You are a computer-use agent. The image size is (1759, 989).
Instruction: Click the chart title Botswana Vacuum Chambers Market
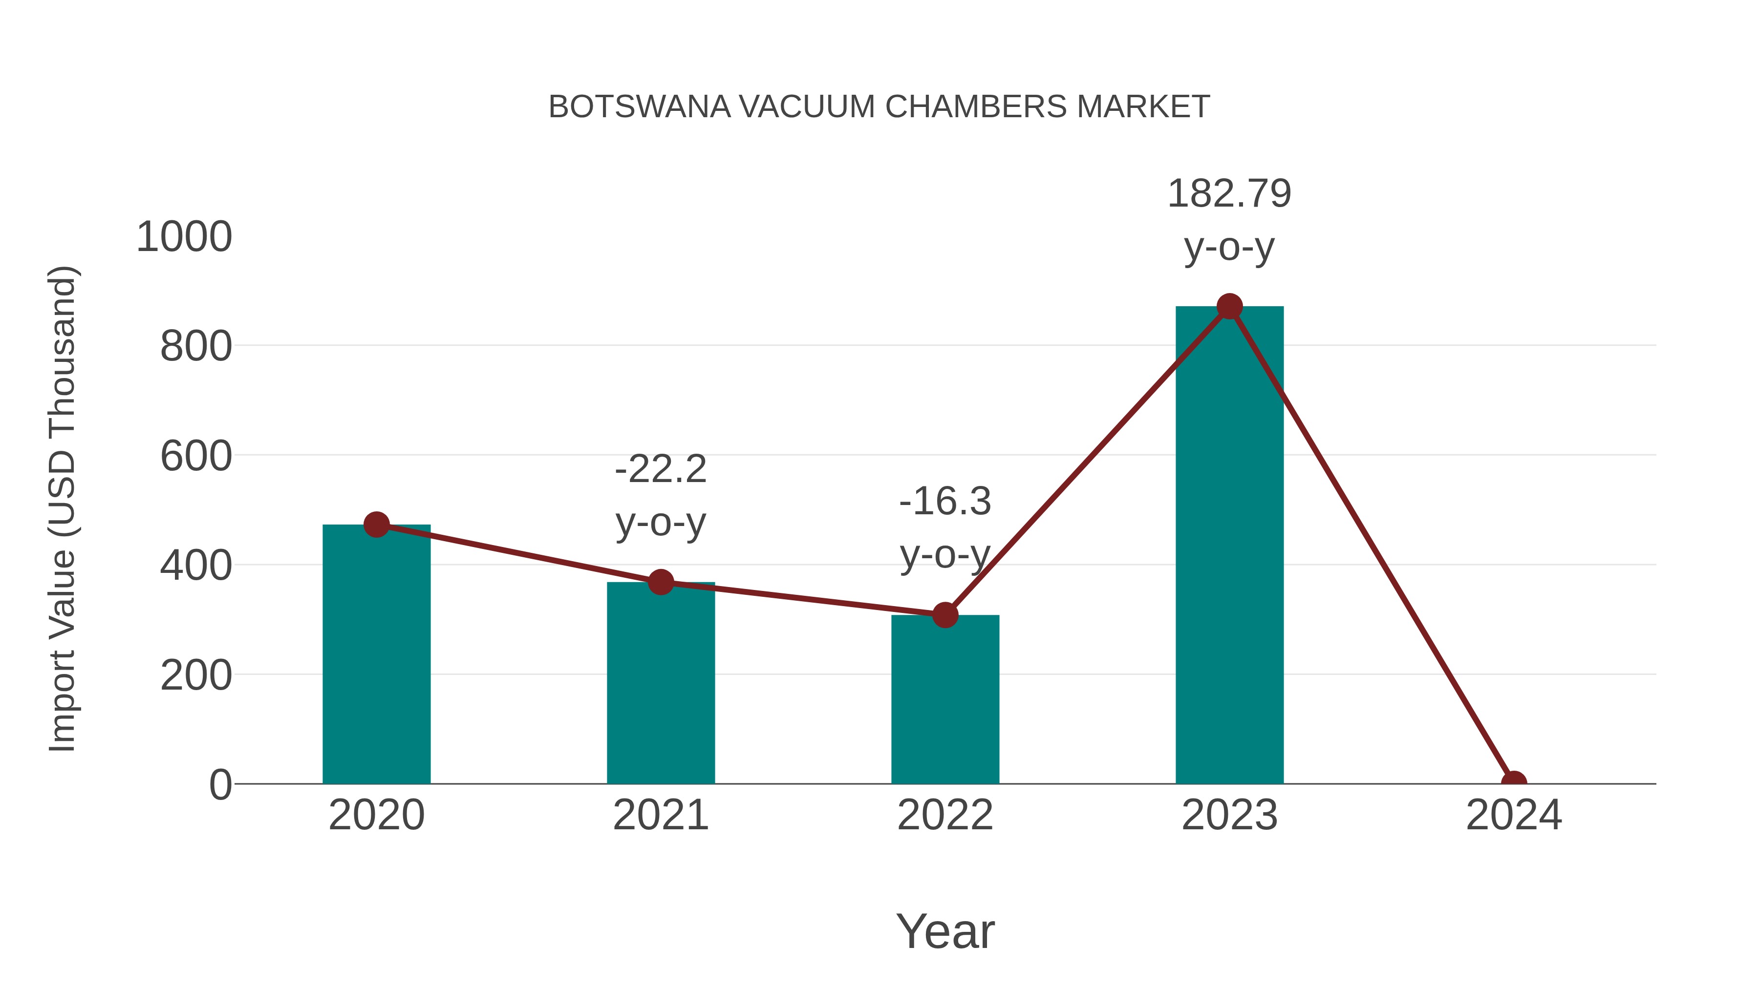(x=879, y=107)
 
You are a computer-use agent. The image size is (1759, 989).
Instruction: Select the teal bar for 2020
(x=376, y=655)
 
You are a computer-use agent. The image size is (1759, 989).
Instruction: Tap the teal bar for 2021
(x=660, y=683)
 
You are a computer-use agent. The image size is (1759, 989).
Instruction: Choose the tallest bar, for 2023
(x=1229, y=546)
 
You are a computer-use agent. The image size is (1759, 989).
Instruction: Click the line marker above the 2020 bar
(x=376, y=525)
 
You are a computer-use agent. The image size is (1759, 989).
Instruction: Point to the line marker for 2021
(x=660, y=582)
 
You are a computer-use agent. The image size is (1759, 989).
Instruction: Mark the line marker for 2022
(x=945, y=615)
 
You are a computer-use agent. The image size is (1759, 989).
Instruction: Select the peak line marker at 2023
(x=1229, y=306)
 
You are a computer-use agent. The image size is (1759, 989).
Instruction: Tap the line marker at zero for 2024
(x=1513, y=782)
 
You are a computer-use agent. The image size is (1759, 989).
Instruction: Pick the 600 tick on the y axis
(x=196, y=456)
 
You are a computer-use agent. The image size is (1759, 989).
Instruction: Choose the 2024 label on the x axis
(x=1513, y=815)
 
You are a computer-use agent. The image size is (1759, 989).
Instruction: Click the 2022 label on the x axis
(x=945, y=815)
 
